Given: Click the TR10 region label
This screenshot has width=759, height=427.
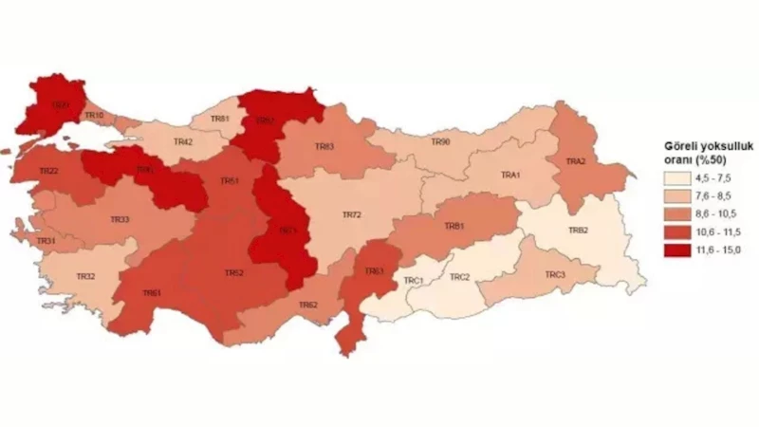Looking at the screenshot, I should tap(94, 116).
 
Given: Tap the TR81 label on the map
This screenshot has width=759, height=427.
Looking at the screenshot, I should tap(220, 119).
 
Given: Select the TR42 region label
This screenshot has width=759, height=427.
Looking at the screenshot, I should tap(183, 142).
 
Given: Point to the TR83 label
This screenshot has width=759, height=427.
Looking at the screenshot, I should tap(324, 147).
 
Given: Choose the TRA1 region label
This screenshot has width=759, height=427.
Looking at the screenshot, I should tap(512, 176).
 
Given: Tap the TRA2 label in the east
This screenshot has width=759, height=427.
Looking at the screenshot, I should tap(576, 162).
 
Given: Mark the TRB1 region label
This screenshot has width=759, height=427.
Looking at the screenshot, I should tap(454, 227).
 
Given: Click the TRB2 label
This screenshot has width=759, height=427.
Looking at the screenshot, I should tap(579, 231).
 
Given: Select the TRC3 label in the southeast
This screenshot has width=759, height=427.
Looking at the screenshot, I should tap(555, 275).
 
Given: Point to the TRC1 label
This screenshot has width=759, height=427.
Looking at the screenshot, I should tap(412, 281).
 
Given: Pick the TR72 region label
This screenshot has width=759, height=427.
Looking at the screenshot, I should tap(351, 215).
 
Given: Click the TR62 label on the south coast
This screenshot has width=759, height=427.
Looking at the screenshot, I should tap(307, 305).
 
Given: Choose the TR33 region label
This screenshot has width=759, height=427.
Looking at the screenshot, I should tap(120, 219).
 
